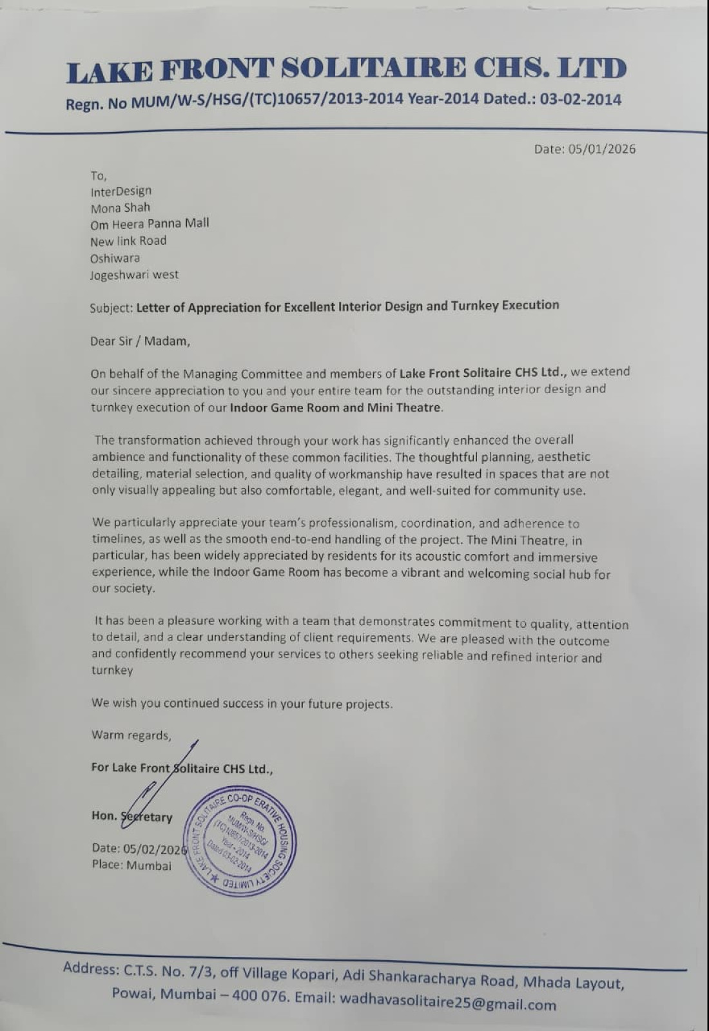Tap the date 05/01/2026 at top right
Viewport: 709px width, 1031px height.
click(602, 149)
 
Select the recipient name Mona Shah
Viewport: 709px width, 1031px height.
click(121, 208)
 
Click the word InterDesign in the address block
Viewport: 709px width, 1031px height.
click(121, 191)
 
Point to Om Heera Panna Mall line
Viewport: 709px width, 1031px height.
click(150, 224)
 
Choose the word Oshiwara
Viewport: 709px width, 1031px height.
click(115, 258)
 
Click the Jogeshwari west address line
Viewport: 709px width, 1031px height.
click(134, 275)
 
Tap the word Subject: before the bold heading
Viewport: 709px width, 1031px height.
click(112, 308)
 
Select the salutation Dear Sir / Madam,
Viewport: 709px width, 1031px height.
click(140, 341)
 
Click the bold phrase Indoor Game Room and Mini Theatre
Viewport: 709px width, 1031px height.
click(336, 407)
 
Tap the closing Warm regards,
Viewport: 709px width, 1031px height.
click(131, 735)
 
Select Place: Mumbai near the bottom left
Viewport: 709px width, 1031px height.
click(131, 865)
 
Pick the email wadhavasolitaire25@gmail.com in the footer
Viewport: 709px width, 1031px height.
click(447, 1001)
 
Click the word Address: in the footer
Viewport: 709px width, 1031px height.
click(90, 968)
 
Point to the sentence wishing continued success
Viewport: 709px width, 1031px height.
click(242, 703)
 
